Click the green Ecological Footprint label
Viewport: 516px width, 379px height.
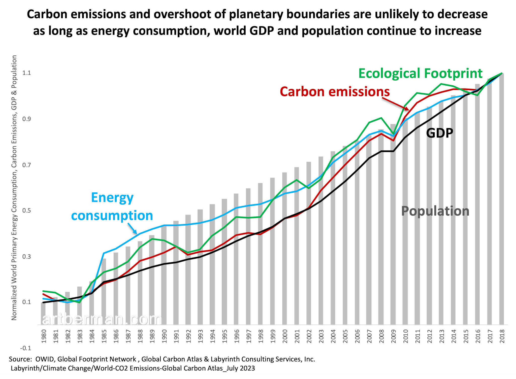click(420, 74)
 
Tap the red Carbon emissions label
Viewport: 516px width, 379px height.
click(335, 92)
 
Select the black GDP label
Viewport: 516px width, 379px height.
click(439, 133)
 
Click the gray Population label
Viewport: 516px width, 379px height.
click(435, 211)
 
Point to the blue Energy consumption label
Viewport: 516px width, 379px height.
click(112, 206)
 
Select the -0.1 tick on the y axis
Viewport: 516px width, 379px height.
click(26, 348)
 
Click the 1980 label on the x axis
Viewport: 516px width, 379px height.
click(44, 336)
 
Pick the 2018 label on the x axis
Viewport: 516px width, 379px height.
click(502, 336)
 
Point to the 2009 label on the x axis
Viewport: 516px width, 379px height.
click(393, 336)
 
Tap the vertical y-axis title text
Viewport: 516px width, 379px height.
click(14, 188)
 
